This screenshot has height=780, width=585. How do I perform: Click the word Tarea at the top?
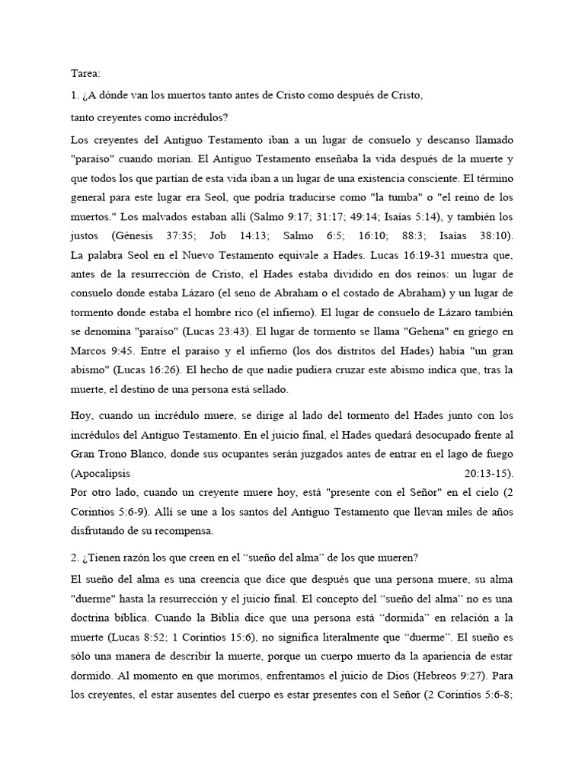point(85,75)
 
